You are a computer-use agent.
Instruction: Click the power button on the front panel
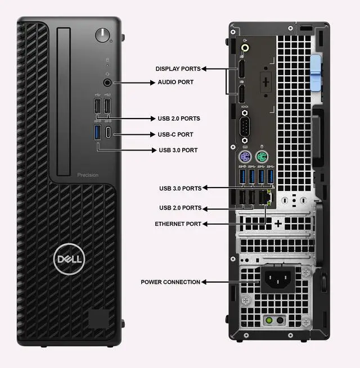click(x=102, y=35)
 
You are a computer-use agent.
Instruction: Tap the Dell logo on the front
click(x=69, y=259)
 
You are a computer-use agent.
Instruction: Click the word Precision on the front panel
click(x=88, y=175)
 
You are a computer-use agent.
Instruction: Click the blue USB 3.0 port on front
click(x=98, y=134)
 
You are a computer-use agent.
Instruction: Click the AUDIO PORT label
click(x=175, y=82)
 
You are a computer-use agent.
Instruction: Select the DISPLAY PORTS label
click(x=178, y=69)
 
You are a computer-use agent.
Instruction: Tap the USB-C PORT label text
click(x=175, y=135)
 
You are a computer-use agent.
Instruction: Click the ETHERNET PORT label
click(x=178, y=224)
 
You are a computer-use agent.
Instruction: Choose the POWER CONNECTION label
click(x=170, y=282)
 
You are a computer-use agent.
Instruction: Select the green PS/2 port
click(x=261, y=156)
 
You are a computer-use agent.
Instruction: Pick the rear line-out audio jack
click(x=245, y=48)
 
